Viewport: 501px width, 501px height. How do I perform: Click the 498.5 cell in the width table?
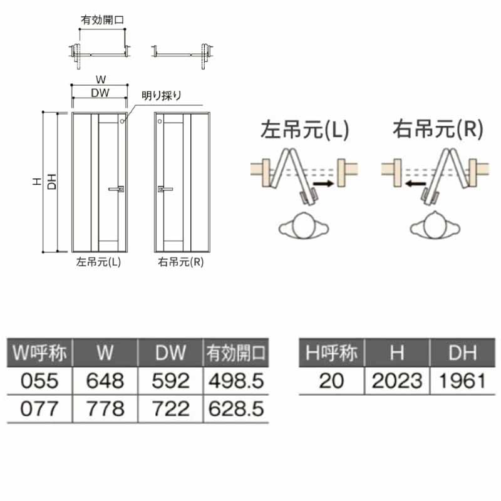[236, 381]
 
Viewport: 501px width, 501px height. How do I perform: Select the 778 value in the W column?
[105, 409]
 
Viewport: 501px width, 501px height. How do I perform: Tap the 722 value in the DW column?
[170, 409]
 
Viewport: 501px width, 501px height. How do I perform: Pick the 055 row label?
[39, 381]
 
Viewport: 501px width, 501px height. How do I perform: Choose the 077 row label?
[39, 409]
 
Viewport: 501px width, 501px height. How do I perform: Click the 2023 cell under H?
[397, 381]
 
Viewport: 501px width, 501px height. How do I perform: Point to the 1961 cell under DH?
[462, 381]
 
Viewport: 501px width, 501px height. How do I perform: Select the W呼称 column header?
[39, 353]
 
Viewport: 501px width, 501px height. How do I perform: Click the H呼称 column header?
[331, 353]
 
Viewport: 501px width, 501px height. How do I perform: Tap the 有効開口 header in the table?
[236, 353]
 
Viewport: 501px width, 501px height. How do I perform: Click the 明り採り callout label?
[162, 95]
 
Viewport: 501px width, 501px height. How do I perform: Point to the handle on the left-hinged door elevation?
[116, 189]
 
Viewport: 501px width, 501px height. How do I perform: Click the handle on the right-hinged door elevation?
[165, 189]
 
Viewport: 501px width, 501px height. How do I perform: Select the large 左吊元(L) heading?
[304, 130]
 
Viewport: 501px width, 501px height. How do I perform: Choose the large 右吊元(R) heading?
[438, 129]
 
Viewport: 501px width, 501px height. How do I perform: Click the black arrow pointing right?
[323, 183]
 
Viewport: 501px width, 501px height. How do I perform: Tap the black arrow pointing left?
[415, 183]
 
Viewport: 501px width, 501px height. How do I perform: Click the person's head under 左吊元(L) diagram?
[304, 226]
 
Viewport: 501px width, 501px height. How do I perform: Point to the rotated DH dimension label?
[51, 182]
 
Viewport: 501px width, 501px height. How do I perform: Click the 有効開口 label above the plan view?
[102, 20]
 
